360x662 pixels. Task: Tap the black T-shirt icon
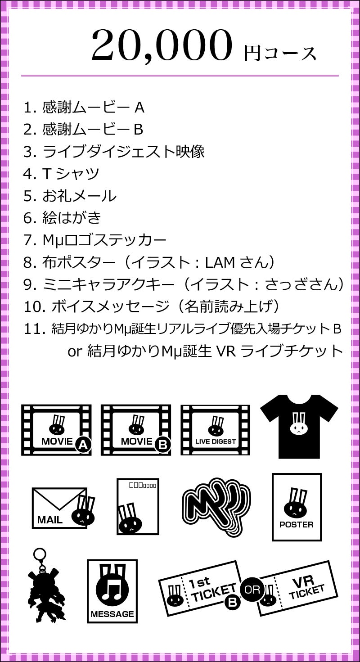point(299,427)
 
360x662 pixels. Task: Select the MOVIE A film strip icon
point(56,430)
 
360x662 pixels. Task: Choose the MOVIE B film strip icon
point(135,430)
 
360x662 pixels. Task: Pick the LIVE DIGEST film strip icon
point(215,430)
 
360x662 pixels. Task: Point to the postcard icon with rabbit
point(138,507)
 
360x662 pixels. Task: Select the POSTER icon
point(297,507)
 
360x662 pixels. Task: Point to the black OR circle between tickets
point(252,590)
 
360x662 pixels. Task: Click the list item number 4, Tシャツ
point(61,173)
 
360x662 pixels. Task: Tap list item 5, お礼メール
point(70,196)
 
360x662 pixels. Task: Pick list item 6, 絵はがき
point(62,218)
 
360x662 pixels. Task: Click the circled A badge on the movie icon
point(83,445)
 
